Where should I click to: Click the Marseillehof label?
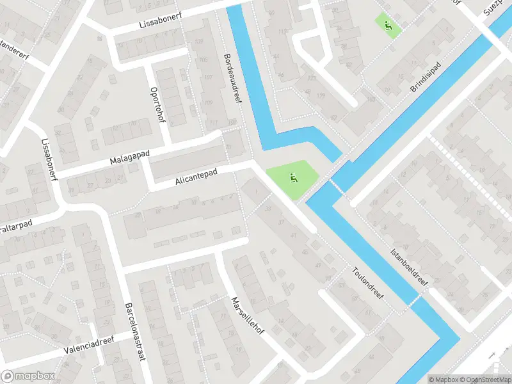(x=246, y=321)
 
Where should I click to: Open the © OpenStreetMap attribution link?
(x=484, y=379)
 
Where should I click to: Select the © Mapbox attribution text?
(x=444, y=379)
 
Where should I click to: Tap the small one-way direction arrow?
(x=492, y=355)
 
